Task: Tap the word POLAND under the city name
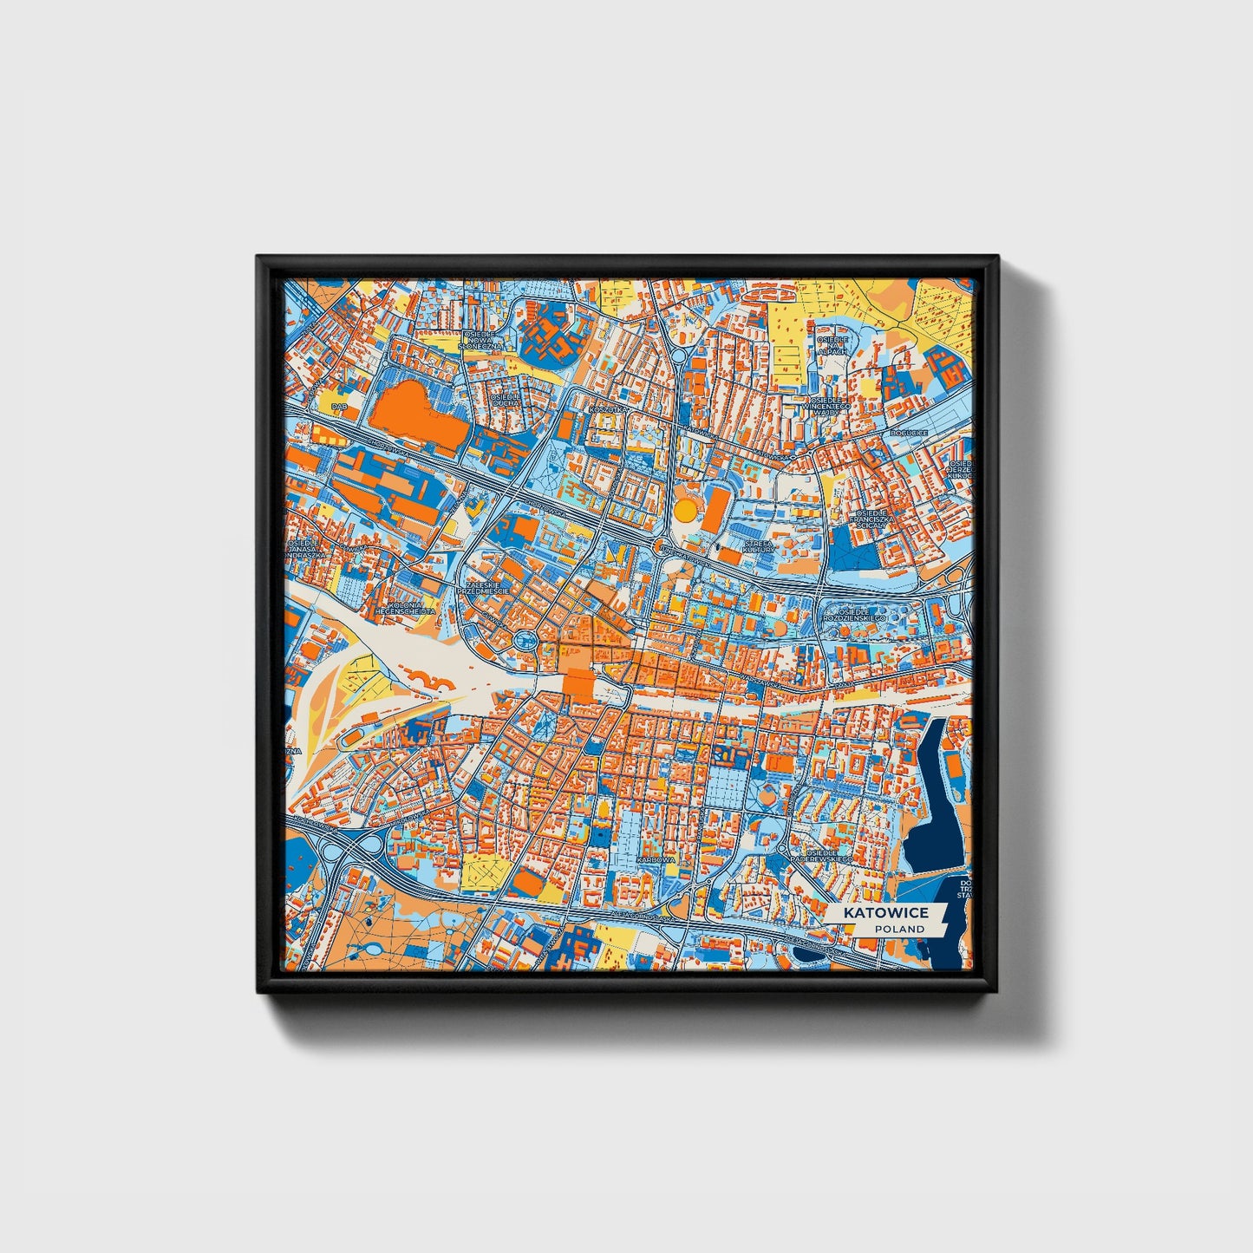(x=899, y=929)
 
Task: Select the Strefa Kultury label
(x=757, y=546)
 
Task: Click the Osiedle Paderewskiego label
(x=819, y=855)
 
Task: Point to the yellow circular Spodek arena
(x=685, y=509)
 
